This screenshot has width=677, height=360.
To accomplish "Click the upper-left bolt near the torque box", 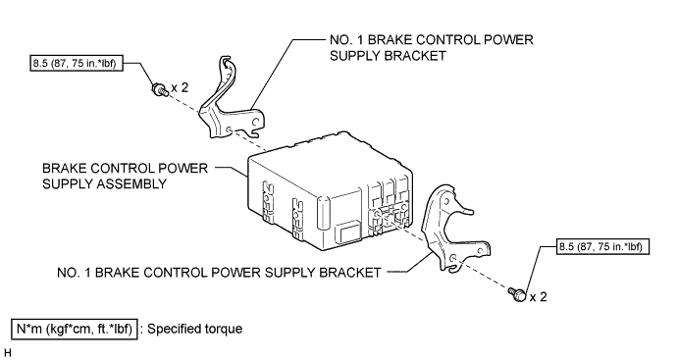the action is (159, 90).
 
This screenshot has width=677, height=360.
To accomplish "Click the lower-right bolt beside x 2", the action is (518, 294).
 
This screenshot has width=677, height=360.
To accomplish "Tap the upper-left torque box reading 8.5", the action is (76, 64).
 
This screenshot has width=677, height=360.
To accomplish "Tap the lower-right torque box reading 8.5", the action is (602, 246).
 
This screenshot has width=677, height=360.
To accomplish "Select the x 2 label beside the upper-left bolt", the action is (180, 87).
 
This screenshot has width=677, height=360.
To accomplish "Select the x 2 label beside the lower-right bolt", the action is (538, 297).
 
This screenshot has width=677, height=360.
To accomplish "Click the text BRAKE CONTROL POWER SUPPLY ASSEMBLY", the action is (125, 176).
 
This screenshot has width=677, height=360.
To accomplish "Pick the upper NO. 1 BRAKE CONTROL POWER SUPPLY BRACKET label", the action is (432, 47).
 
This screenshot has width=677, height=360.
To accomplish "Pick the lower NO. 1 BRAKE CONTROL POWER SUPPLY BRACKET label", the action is (219, 273).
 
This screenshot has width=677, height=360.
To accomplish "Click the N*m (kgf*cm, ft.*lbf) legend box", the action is (75, 330).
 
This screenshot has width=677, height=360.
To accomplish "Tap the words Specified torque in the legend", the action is (194, 329).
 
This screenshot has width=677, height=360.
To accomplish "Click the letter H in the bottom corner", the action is (6, 353).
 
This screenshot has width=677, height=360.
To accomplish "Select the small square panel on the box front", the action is (350, 233).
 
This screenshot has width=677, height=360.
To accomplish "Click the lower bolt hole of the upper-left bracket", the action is (229, 129).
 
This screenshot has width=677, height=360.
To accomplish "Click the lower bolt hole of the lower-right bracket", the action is (453, 258).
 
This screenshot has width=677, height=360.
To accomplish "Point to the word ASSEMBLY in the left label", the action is (130, 183).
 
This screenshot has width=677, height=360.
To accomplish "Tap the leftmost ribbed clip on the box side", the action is (268, 202).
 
